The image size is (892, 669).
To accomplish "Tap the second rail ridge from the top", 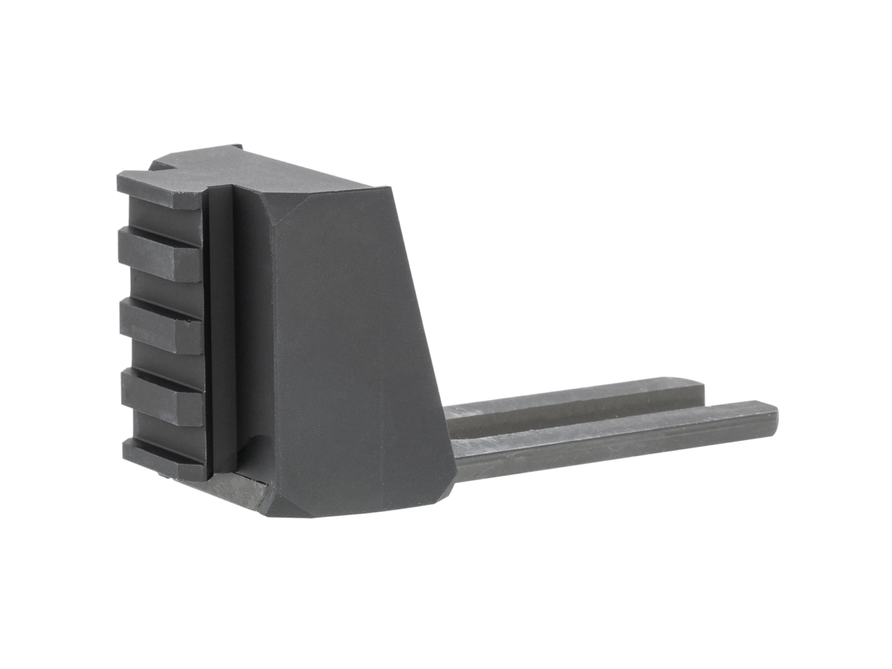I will (160, 254).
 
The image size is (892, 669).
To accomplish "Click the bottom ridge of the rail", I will (164, 457).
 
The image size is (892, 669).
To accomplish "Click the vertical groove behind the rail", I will (222, 327).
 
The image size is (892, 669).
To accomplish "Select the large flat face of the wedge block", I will (357, 349).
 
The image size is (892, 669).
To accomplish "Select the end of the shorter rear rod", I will (699, 390).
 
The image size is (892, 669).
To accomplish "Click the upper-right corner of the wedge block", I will (387, 187).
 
